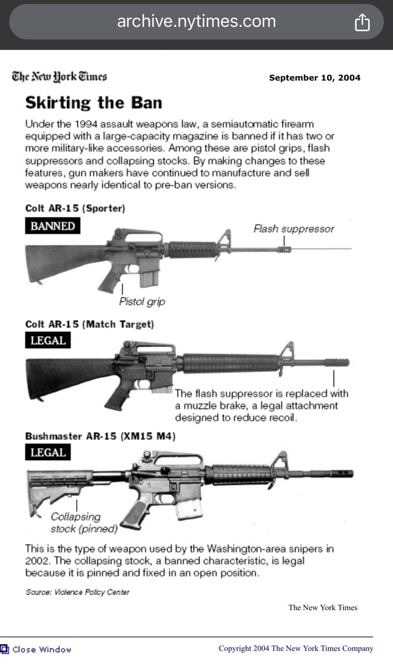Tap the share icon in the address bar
coord(362,22)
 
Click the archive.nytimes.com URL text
coord(196,22)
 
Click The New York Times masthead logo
coord(60,77)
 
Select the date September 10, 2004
coord(315,78)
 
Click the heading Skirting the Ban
coord(94,103)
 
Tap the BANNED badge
coord(52,226)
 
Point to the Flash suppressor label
coord(294,228)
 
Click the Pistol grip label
coord(142,302)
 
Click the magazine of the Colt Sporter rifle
coord(149,278)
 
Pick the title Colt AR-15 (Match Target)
coord(90,324)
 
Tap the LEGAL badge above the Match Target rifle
coord(48,340)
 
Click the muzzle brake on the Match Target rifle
coord(337,362)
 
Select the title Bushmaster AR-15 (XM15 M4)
coord(100,436)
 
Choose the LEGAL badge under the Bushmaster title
coord(48,452)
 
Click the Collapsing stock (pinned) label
coord(84,522)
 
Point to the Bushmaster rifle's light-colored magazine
coord(189,509)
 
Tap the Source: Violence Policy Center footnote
coord(77,592)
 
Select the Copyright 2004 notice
coord(296,649)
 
